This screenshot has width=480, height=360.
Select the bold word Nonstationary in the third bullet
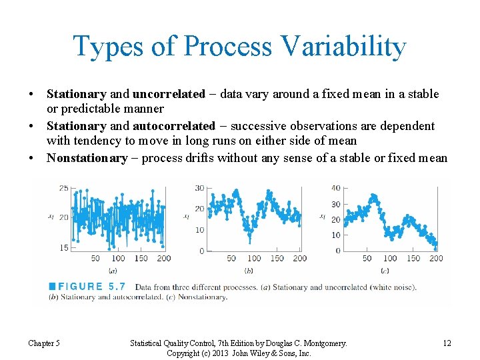(87, 158)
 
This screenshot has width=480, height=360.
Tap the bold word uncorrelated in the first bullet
(169, 94)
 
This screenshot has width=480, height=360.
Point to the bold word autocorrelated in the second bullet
(174, 126)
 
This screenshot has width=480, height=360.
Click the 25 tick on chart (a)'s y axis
(63, 189)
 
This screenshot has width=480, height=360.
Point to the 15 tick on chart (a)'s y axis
(63, 247)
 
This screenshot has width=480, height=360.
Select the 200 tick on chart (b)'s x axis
(300, 258)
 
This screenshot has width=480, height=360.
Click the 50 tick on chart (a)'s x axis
(95, 258)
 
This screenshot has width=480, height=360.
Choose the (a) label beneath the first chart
(113, 270)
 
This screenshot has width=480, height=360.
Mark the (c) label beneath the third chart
(385, 270)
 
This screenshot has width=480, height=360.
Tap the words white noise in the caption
(390, 287)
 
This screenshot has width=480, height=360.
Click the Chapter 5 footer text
(44, 343)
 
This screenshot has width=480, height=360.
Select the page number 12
(447, 343)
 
